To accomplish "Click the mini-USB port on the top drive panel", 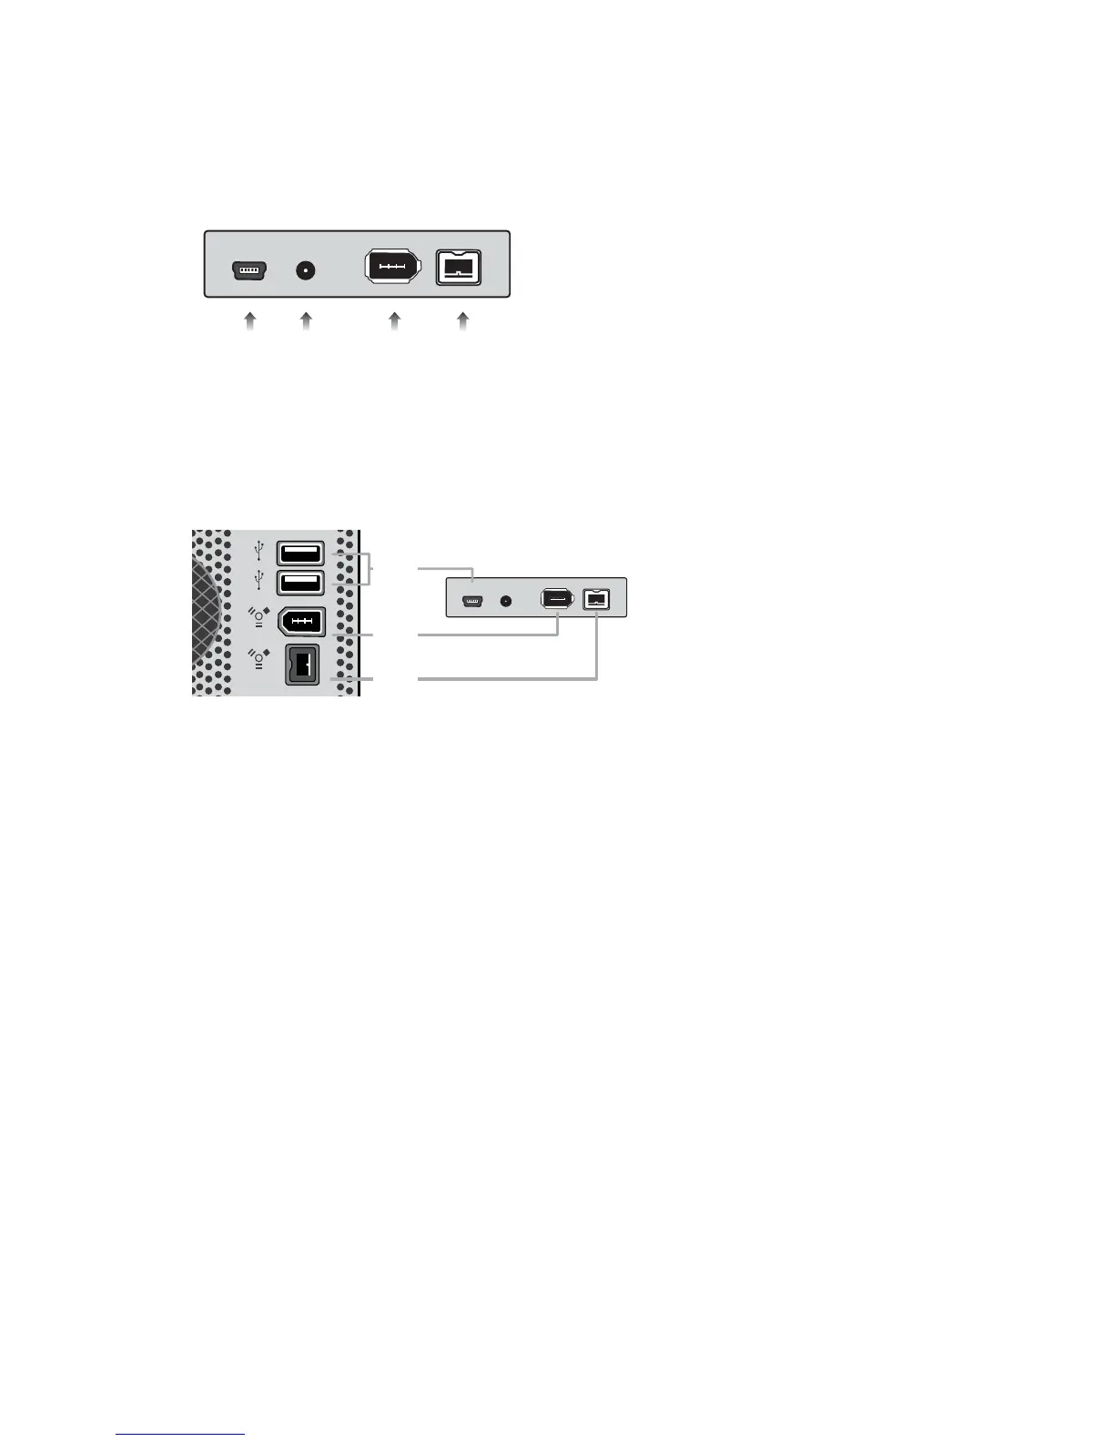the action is (x=248, y=270).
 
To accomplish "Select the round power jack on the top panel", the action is (x=306, y=270).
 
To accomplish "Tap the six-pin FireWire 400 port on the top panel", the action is (x=393, y=269).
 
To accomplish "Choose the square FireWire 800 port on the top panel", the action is (x=459, y=269).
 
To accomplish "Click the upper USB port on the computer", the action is (x=299, y=553).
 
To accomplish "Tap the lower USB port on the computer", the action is (x=299, y=583).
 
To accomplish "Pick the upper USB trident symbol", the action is (x=259, y=551).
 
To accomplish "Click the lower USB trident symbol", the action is (x=259, y=580).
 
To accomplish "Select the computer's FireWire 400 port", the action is (x=299, y=623).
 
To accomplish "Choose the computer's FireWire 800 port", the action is (x=302, y=665).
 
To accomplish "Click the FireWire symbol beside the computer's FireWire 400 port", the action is (x=259, y=619).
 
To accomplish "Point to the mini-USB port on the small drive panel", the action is (x=472, y=602).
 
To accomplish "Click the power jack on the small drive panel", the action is (x=507, y=602).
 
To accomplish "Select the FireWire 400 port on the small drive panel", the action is (x=557, y=600).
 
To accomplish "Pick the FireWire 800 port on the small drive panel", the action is (x=596, y=600).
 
